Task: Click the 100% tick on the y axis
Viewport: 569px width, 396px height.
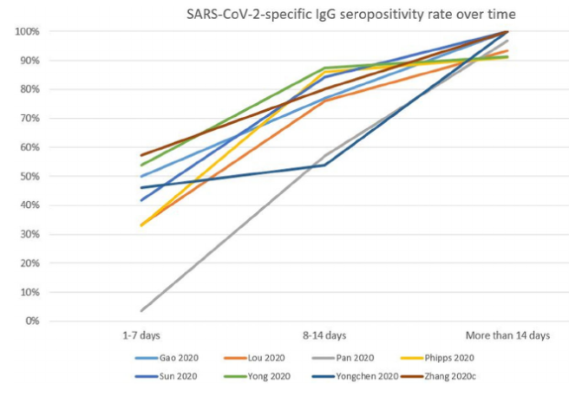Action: (25, 32)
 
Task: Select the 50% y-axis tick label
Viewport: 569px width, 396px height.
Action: (28, 177)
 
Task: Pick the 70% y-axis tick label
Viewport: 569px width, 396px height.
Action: (28, 119)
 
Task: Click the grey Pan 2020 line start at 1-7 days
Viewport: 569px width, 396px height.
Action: (141, 310)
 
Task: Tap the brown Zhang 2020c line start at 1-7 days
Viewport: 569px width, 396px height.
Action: (141, 156)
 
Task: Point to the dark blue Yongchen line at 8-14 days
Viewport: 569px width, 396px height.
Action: (324, 165)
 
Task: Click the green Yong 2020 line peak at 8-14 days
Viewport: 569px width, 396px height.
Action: (324, 68)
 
